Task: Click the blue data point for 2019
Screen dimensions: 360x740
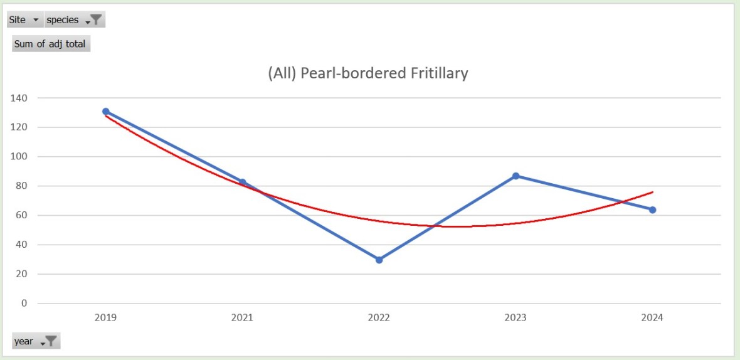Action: pyautogui.click(x=105, y=112)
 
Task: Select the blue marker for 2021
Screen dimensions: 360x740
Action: pyautogui.click(x=242, y=183)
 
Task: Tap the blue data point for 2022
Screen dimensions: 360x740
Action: pyautogui.click(x=379, y=260)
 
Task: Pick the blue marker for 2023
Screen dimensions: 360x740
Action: pyautogui.click(x=515, y=176)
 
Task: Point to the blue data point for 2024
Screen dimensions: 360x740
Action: pyautogui.click(x=652, y=209)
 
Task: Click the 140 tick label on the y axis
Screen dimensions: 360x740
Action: pyautogui.click(x=19, y=98)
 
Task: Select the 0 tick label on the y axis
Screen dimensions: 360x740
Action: pyautogui.click(x=24, y=304)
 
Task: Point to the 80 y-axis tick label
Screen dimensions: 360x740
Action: pyautogui.click(x=22, y=186)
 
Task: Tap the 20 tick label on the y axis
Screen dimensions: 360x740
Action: pyautogui.click(x=22, y=274)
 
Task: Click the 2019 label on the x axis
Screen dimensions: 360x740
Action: pyautogui.click(x=105, y=318)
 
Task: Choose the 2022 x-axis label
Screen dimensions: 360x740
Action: pyautogui.click(x=379, y=318)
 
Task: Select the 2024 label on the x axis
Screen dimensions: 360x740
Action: pyautogui.click(x=652, y=318)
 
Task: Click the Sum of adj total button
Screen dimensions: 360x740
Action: pyautogui.click(x=50, y=44)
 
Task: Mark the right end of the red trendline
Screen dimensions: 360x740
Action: pyautogui.click(x=652, y=192)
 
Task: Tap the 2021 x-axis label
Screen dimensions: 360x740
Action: pyautogui.click(x=242, y=318)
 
